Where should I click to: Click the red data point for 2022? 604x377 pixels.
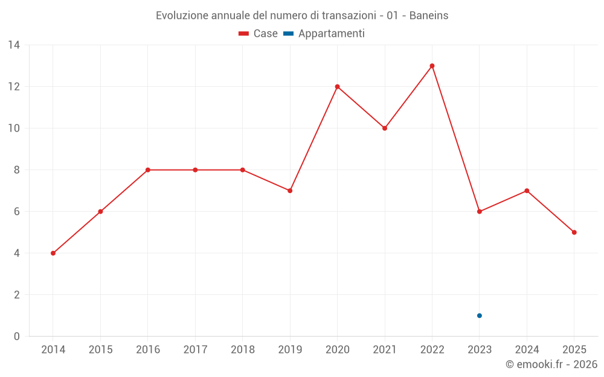[x=432, y=66]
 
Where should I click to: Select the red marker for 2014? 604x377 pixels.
[x=53, y=253]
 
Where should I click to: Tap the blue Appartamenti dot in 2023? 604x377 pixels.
[x=480, y=316]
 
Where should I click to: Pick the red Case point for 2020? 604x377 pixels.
[x=338, y=86]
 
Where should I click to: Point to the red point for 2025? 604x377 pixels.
[x=574, y=232]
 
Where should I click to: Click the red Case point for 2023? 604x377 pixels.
[x=480, y=212]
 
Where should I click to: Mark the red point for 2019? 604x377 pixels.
[x=290, y=191]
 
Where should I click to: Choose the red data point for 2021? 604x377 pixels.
[x=385, y=128]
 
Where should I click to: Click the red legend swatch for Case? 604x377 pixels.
[x=244, y=34]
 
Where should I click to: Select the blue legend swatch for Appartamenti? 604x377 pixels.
[x=289, y=34]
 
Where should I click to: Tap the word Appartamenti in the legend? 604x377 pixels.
[x=331, y=34]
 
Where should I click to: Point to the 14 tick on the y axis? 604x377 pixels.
[x=14, y=45]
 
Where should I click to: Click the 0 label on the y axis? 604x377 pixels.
[x=16, y=336]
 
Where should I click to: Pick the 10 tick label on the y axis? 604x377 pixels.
[x=14, y=128]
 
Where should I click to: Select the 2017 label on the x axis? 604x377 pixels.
[x=195, y=350]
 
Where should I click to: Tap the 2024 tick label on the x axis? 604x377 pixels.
[x=527, y=350]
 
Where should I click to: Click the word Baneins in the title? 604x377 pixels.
[x=429, y=16]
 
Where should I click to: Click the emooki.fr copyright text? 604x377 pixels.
[x=551, y=364]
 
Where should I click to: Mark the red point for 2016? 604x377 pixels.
[x=148, y=170]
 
